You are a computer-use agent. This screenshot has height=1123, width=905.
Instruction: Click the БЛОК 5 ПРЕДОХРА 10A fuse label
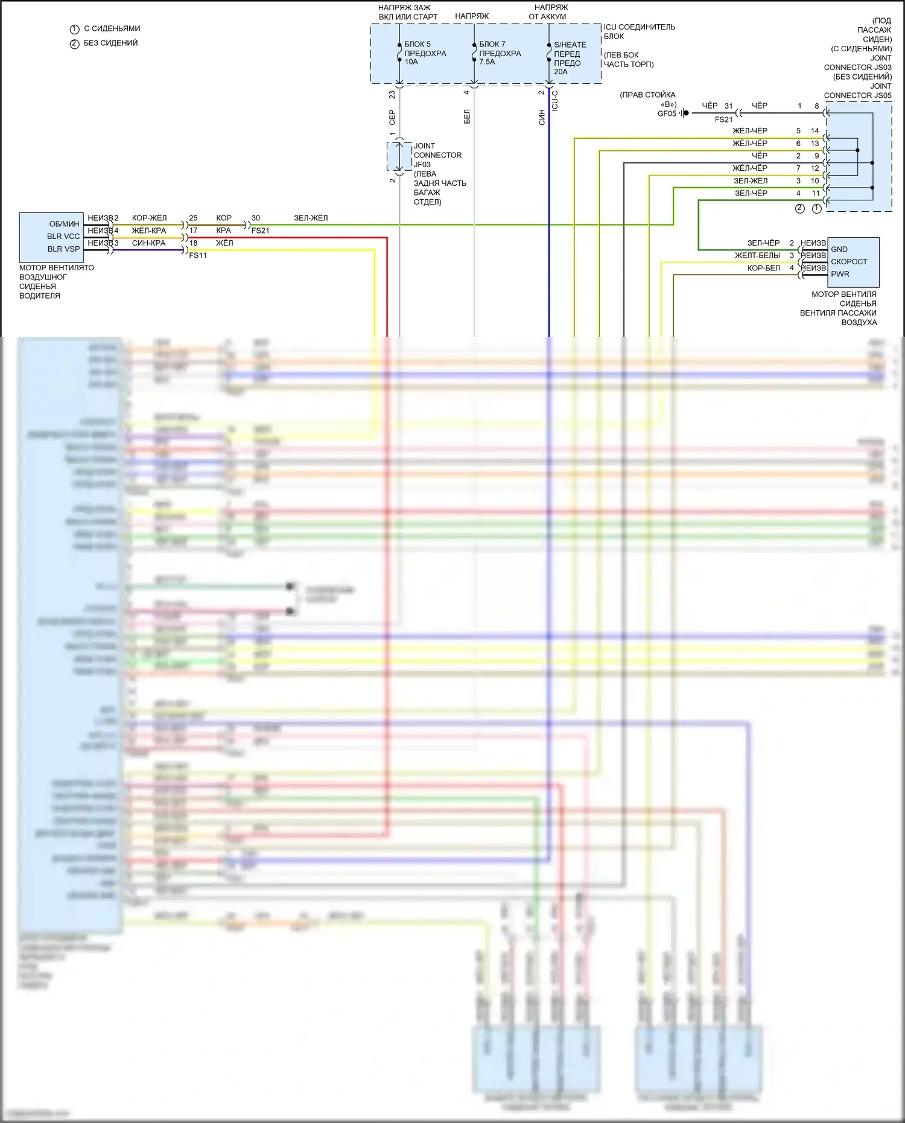tap(425, 53)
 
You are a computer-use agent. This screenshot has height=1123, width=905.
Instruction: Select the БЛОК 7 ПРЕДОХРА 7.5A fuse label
tap(500, 53)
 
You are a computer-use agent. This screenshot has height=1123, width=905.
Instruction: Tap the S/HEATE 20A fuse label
tap(570, 58)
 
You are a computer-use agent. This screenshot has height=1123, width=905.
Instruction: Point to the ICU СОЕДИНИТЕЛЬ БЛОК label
tap(639, 31)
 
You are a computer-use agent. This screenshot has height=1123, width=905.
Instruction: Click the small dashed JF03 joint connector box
tap(399, 157)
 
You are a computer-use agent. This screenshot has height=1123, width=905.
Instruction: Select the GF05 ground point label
tap(667, 113)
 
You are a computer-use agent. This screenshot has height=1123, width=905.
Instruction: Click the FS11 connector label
tap(198, 255)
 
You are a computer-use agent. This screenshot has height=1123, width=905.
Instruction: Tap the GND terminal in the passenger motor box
tap(839, 249)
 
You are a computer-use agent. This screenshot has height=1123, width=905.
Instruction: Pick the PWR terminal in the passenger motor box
tap(839, 274)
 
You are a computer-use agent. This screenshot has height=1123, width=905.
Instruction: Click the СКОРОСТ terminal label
tap(848, 261)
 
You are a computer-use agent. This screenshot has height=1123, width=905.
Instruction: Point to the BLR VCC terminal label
tap(63, 237)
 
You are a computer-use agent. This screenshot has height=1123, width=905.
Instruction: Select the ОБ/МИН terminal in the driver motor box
tap(64, 224)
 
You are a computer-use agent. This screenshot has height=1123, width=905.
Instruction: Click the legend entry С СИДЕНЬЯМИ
tap(112, 28)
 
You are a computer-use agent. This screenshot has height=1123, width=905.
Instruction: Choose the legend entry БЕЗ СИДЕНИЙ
tap(110, 43)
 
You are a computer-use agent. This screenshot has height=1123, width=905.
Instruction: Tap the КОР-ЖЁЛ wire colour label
tap(149, 218)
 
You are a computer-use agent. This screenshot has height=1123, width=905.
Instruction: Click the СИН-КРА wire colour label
tap(148, 243)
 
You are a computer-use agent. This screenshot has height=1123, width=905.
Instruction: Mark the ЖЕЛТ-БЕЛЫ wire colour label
tap(757, 255)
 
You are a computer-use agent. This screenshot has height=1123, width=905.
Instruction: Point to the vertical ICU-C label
tap(555, 101)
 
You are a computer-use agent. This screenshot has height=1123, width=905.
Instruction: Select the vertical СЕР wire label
tap(392, 117)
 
